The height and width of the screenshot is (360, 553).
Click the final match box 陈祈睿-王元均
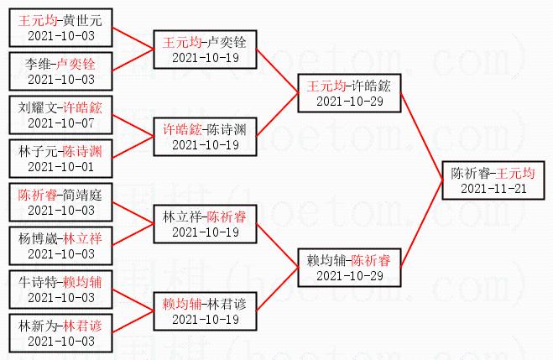493,180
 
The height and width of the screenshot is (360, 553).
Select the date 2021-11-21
493,189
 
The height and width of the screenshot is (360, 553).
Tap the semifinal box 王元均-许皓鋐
349,93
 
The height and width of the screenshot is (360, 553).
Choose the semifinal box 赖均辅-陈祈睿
349,268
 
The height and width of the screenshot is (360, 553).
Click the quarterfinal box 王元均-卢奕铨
205,50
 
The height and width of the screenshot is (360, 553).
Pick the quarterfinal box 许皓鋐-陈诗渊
205,137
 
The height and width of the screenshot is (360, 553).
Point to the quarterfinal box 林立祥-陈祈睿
205,224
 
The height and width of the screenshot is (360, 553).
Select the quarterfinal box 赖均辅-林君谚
205,311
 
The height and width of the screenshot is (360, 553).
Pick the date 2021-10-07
61,123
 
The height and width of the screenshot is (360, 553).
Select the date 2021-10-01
61,167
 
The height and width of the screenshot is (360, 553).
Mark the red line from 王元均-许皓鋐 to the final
421,137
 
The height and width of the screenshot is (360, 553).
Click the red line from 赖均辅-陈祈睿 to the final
421,224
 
